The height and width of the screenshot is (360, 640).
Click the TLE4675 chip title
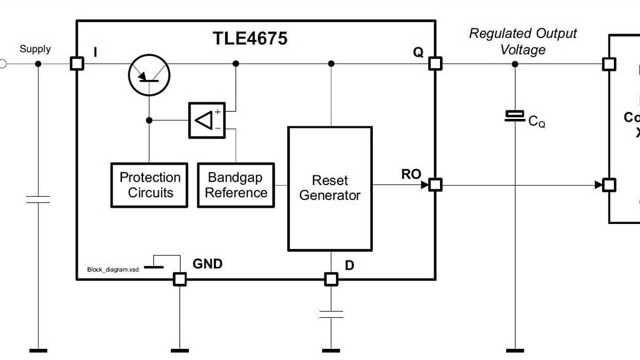(250, 38)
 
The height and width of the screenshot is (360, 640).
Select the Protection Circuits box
(149, 185)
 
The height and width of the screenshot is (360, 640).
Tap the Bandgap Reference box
(236, 185)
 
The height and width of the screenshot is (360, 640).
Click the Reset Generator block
(330, 188)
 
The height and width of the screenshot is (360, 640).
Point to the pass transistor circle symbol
(149, 75)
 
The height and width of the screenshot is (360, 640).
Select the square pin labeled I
(77, 64)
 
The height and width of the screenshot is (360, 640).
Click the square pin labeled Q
(435, 64)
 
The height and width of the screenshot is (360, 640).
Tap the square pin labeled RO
(435, 185)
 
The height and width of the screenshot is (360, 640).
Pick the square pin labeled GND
(180, 279)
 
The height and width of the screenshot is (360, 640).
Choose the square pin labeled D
(331, 279)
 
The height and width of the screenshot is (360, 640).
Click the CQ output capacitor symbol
(515, 116)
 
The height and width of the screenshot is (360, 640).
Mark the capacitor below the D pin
(331, 314)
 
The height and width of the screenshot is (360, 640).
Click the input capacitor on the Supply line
(38, 199)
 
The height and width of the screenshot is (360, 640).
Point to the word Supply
(35, 49)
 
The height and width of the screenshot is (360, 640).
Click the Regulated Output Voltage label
(522, 42)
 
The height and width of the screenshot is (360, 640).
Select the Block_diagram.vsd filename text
(113, 270)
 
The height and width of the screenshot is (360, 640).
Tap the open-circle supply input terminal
(2, 64)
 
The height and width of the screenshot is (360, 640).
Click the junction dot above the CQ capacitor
(515, 64)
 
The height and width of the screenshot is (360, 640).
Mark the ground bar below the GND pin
(180, 350)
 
